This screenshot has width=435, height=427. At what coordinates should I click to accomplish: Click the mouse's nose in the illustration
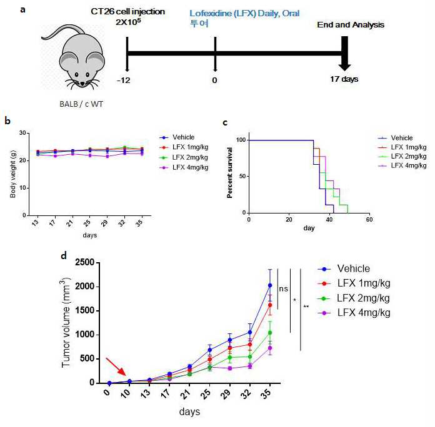(82, 84)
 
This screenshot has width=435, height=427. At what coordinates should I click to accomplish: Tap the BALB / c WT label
(81, 104)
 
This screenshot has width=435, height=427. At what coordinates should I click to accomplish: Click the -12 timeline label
(124, 81)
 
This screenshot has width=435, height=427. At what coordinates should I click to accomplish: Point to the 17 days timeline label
(344, 79)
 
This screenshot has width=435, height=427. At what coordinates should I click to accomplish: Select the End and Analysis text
(351, 25)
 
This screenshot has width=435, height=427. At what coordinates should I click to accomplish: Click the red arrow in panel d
(116, 367)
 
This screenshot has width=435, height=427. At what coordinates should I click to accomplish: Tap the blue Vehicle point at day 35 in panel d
(269, 285)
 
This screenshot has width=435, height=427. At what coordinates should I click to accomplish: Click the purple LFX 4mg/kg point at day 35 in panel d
(269, 348)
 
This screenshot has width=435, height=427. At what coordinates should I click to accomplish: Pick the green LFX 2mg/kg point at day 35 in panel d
(269, 333)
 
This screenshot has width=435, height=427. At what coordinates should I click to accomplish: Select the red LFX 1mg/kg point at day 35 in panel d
(269, 305)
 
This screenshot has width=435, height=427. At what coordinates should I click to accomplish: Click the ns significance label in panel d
(283, 289)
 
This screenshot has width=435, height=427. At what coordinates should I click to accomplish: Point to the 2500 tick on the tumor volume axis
(84, 262)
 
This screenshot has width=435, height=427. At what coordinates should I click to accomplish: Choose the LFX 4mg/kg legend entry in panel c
(402, 165)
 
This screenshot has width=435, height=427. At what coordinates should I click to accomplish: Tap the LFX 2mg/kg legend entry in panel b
(184, 157)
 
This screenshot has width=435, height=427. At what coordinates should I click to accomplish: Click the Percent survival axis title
(229, 173)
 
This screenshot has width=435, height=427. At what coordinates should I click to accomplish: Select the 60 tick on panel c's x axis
(369, 220)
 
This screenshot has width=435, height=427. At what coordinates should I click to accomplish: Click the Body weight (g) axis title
(12, 174)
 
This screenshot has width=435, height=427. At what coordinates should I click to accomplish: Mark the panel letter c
(225, 122)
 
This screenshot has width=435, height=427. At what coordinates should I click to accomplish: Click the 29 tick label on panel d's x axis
(226, 393)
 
